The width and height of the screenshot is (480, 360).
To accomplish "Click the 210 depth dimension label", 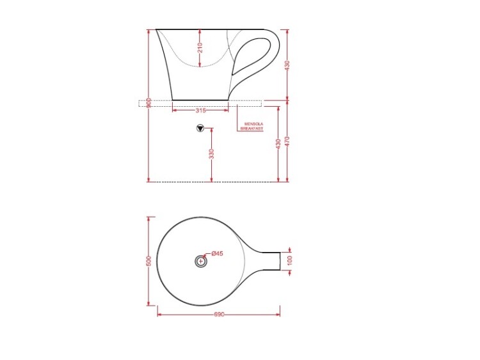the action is (x=200, y=48).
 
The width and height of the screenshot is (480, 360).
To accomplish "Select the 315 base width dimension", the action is (x=200, y=111).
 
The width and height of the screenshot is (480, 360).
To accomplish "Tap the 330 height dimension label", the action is (x=212, y=153).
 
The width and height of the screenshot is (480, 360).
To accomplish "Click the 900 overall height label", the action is (x=149, y=103).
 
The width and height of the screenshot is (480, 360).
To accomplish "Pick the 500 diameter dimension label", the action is (x=149, y=261).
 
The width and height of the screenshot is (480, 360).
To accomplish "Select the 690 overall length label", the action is (x=219, y=315).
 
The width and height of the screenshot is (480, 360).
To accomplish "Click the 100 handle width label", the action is (x=290, y=260).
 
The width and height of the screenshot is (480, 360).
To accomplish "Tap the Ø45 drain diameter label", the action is (x=218, y=253).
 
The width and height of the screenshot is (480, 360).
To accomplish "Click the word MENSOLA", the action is (x=253, y=124).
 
